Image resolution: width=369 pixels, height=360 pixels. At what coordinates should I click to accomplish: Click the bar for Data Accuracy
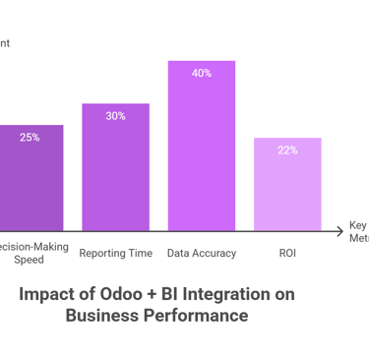(202, 148)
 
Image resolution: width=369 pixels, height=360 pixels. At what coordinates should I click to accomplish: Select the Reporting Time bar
(115, 167)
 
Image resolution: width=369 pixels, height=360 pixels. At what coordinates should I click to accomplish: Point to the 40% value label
(202, 73)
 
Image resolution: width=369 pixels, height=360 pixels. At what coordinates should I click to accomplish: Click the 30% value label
(115, 116)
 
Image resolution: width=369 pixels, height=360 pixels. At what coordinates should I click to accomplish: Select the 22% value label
(287, 150)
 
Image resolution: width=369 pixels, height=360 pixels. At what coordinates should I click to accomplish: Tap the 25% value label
(30, 138)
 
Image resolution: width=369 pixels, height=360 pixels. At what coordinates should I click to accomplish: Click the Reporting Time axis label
(115, 254)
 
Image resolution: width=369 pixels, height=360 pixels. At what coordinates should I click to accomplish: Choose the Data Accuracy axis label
(202, 254)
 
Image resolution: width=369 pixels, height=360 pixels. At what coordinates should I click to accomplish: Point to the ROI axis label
(287, 254)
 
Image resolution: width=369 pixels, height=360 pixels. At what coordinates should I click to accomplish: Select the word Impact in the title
(47, 295)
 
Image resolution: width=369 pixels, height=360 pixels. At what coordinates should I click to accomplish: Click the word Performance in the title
(196, 316)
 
